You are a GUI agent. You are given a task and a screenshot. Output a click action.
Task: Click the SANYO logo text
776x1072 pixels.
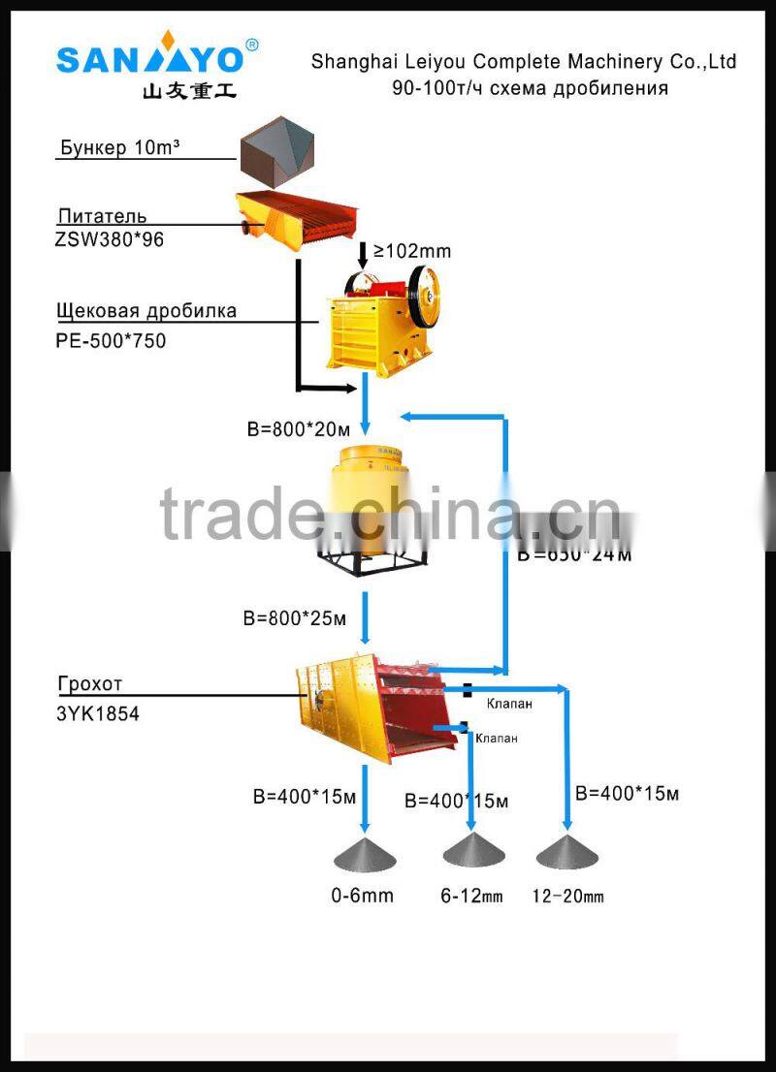click(150, 59)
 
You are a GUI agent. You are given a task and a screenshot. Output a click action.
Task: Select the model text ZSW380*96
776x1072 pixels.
click(110, 239)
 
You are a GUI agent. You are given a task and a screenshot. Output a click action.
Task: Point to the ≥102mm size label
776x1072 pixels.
click(412, 251)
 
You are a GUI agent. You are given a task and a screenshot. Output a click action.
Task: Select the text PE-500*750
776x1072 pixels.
click(111, 340)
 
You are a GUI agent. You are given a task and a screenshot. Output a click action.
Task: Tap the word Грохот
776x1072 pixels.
click(90, 683)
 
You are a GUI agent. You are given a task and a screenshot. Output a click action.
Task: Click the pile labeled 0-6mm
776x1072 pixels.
click(365, 854)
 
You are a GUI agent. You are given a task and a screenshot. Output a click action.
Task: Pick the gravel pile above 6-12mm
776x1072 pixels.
click(473, 851)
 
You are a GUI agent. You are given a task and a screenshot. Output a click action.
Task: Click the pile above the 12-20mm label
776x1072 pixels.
click(567, 851)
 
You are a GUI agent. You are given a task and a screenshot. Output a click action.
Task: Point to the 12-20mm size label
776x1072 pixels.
click(567, 897)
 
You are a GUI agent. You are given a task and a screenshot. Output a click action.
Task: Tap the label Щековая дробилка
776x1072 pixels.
click(146, 311)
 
